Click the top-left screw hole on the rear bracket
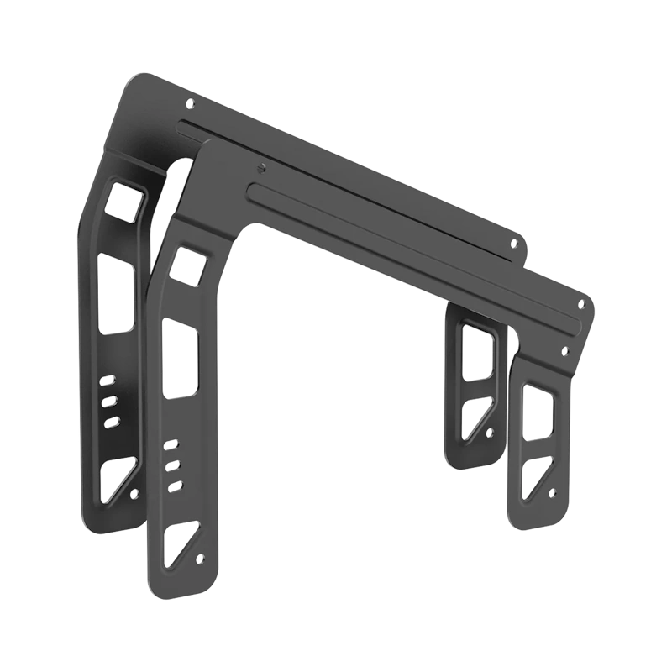pyautogui.click(x=190, y=104)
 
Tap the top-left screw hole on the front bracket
pyautogui.click(x=262, y=166)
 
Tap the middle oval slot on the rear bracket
pyautogui.click(x=108, y=402)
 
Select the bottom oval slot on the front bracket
pyautogui.click(x=174, y=485)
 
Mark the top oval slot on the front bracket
pyautogui.click(x=171, y=444)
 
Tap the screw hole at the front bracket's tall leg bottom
pyautogui.click(x=199, y=559)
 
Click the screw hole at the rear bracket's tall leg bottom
pyautogui.click(x=134, y=493)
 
